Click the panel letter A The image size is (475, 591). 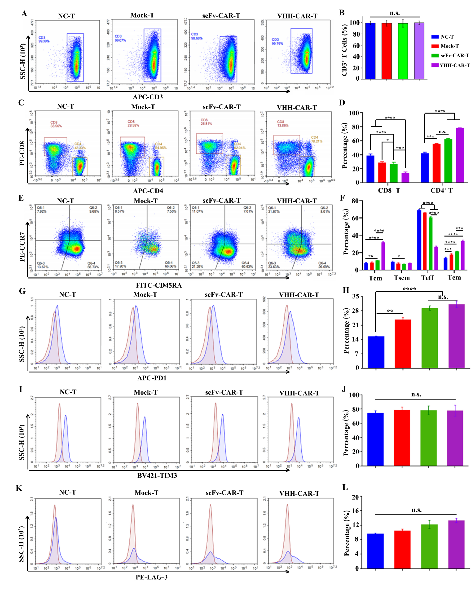pos(24,14)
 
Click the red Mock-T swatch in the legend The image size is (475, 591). pos(435,46)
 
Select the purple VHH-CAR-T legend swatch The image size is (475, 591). pos(435,65)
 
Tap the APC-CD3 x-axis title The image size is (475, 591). pos(148,97)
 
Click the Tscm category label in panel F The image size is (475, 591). pos(402,278)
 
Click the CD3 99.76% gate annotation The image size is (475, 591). pos(277,41)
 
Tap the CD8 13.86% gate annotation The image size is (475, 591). pos(282,123)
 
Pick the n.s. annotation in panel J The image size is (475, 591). pos(416,394)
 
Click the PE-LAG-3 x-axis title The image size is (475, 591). pos(151,577)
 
